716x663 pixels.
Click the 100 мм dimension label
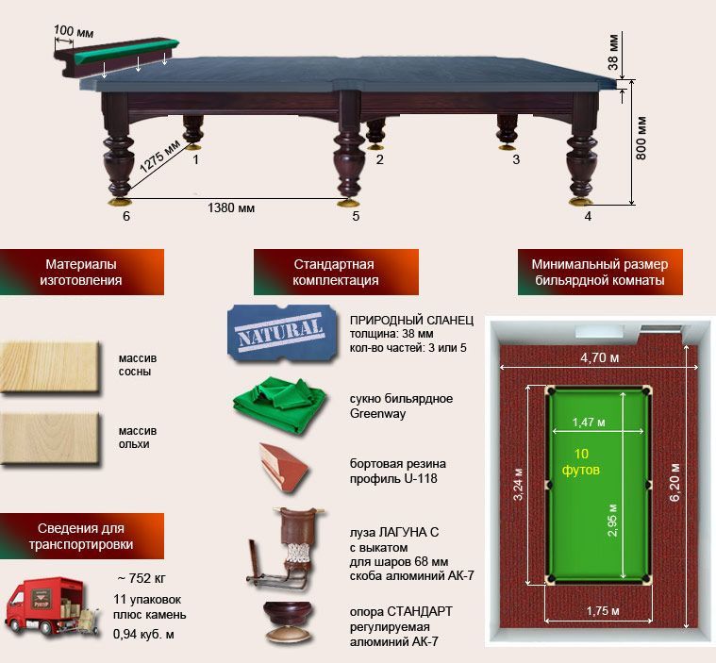(74, 32)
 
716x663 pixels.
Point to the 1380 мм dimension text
(231, 208)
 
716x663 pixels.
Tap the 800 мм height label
(641, 138)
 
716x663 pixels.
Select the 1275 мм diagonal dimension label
(159, 157)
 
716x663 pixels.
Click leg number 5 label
(356, 216)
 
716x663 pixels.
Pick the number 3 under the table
(516, 159)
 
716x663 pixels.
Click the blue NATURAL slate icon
(282, 332)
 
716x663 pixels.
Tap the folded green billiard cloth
(279, 405)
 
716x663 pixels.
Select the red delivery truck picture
(51, 606)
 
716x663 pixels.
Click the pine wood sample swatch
(49, 367)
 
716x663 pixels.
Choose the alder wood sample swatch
(49, 439)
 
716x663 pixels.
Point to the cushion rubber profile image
(283, 468)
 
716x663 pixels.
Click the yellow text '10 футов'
(581, 461)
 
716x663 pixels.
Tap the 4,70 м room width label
(600, 358)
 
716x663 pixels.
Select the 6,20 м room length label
(674, 482)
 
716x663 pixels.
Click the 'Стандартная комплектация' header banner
(336, 272)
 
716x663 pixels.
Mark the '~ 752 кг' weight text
(142, 578)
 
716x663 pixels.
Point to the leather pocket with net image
(286, 548)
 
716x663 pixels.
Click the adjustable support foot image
(288, 622)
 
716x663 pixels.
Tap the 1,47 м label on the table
(589, 423)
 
